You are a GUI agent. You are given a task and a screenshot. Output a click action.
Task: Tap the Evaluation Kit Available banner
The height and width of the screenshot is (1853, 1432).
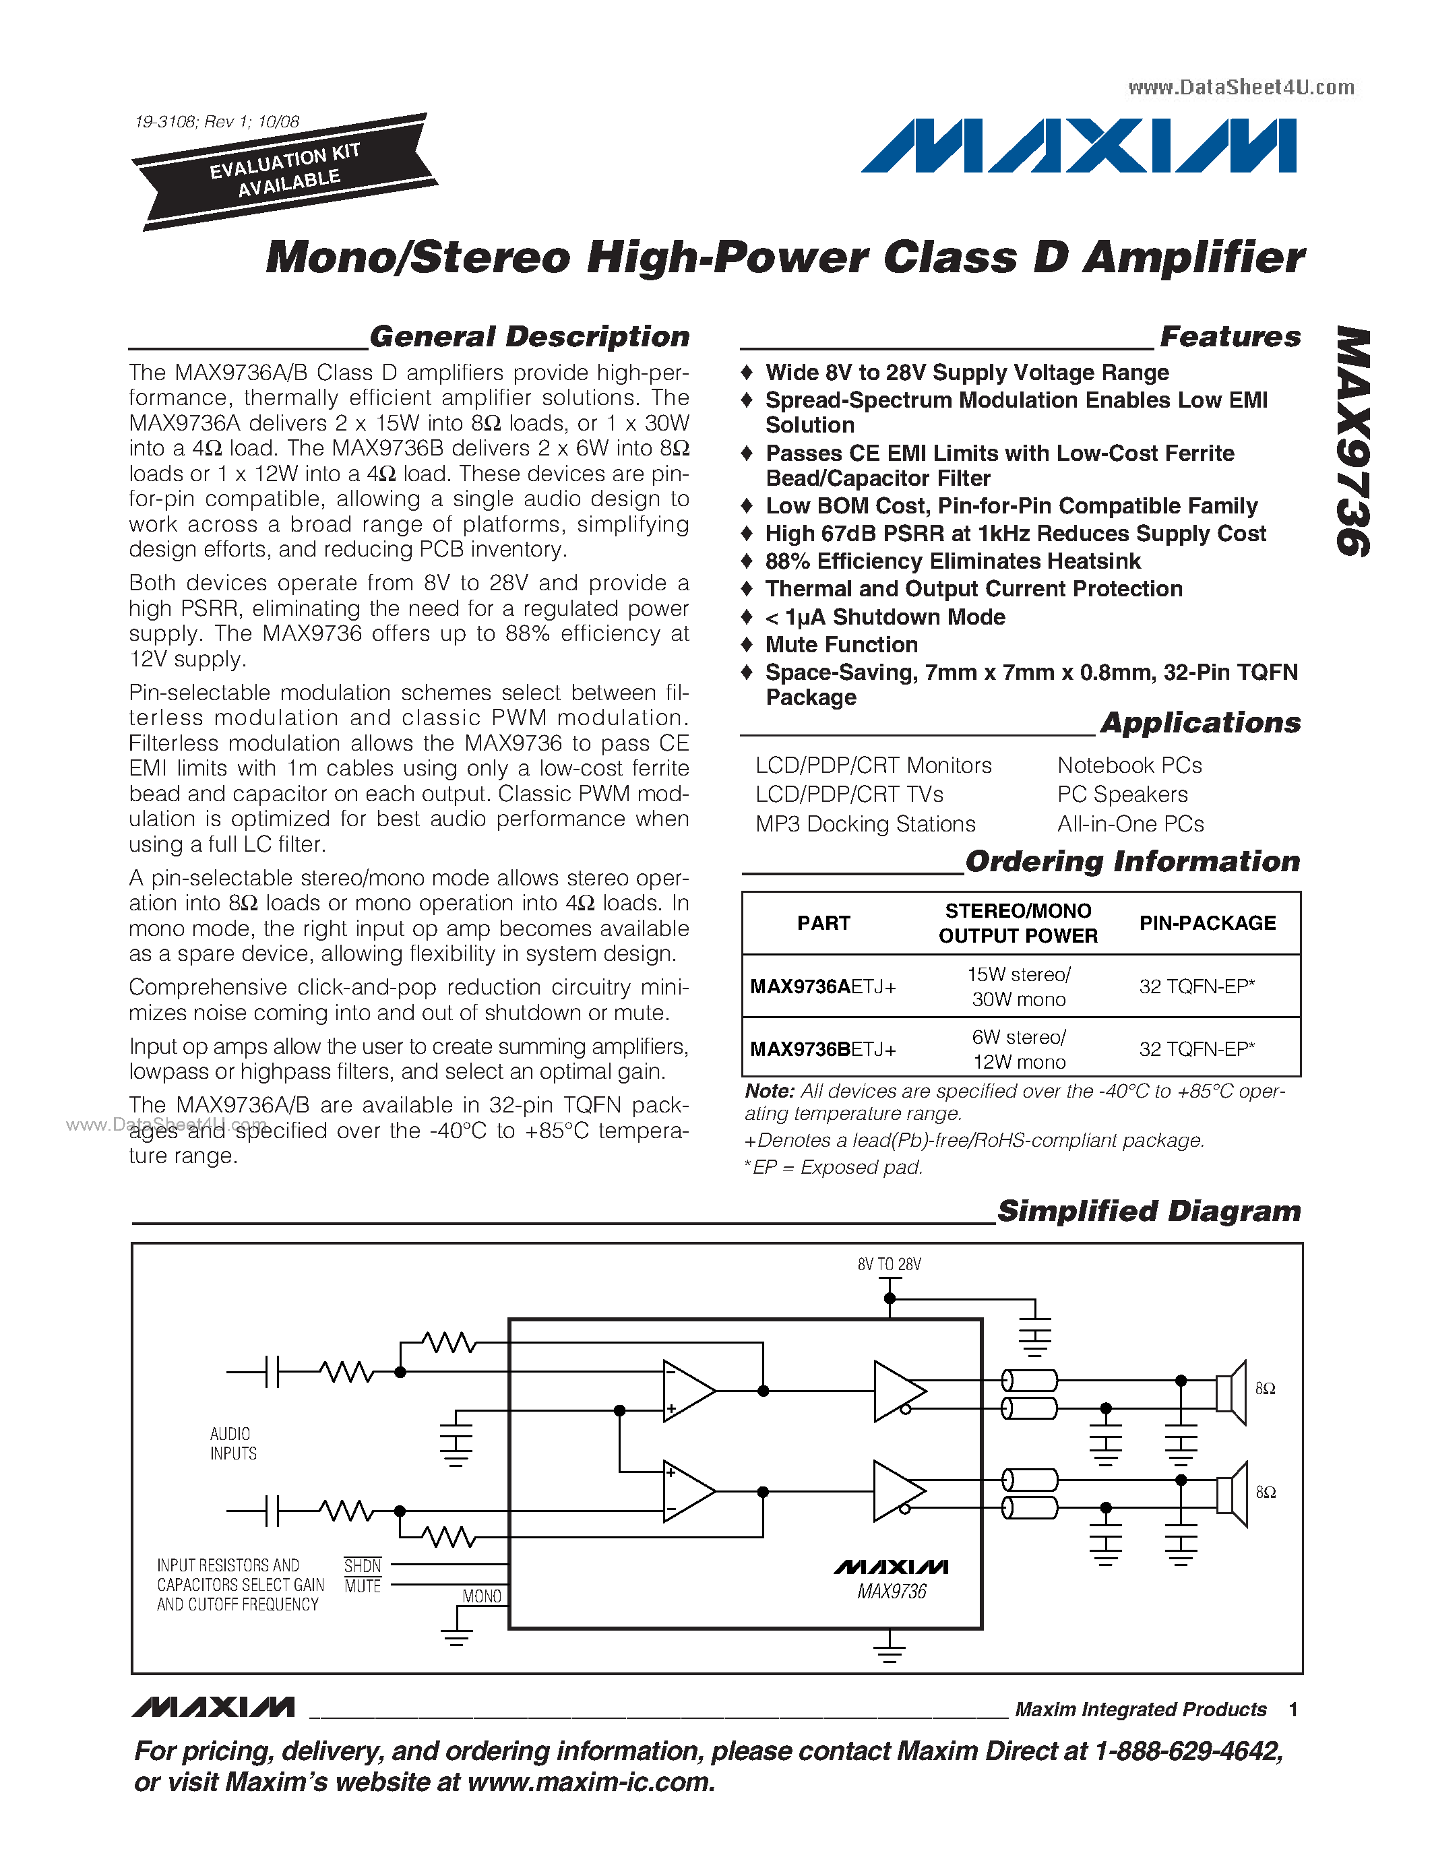click(286, 170)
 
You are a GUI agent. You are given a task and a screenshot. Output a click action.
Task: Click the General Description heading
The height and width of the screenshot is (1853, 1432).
click(530, 336)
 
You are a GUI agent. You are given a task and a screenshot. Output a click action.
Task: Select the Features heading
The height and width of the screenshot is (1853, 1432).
click(1229, 336)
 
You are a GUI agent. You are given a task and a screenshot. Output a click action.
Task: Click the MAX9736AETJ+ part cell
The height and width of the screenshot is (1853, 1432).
click(823, 986)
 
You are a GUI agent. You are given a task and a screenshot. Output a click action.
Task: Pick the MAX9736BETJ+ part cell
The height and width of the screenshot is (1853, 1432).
click(823, 1050)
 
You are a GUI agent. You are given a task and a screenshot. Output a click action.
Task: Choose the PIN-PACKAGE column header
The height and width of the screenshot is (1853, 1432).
click(1207, 923)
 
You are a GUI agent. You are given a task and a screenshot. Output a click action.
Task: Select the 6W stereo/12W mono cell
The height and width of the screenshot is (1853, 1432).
click(1018, 1050)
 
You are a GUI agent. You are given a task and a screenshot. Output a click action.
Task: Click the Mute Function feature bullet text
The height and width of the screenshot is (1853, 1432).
click(841, 645)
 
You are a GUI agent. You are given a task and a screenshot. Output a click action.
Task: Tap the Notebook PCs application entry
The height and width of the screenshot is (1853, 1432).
click(1129, 765)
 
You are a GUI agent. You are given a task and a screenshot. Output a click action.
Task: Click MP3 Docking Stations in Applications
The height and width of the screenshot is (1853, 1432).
click(865, 824)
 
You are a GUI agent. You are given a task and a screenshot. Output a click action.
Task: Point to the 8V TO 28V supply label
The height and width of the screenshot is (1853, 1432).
click(889, 1265)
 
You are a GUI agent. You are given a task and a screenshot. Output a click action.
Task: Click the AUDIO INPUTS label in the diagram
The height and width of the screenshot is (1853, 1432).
click(232, 1443)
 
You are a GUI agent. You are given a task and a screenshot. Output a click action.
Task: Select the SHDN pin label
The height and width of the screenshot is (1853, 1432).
click(363, 1565)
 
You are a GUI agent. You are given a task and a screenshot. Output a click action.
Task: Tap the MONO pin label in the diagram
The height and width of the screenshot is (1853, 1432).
click(481, 1596)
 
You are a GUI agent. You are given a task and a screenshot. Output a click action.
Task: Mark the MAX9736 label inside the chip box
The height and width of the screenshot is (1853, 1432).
click(891, 1592)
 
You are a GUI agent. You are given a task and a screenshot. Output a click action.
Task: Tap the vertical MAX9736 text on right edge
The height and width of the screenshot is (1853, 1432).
click(1354, 441)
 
